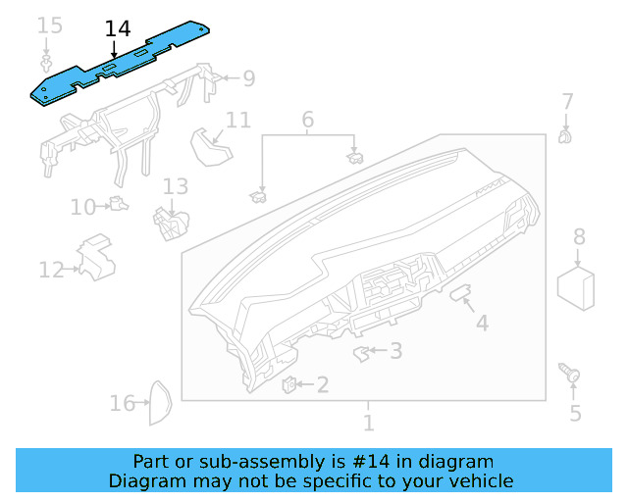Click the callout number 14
[x=118, y=28]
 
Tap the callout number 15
[x=49, y=25]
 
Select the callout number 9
[x=248, y=77]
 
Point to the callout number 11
[x=238, y=120]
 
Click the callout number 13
[x=175, y=185]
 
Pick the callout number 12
[x=51, y=270]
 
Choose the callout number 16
[x=122, y=403]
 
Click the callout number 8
[x=579, y=236]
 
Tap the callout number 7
[x=567, y=101]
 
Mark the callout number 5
[x=575, y=414]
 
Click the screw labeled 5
[x=570, y=374]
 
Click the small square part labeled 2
[x=290, y=383]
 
